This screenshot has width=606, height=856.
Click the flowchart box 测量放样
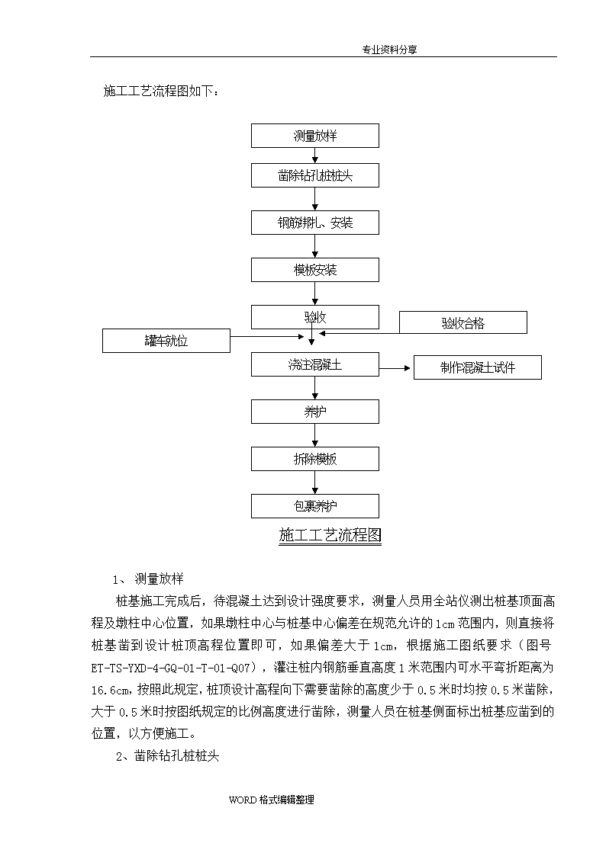314,136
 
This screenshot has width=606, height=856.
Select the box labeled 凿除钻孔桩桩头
314,175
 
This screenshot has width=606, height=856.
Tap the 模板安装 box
314,270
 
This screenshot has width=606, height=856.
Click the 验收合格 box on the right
463,322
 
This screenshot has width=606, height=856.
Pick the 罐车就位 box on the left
166,341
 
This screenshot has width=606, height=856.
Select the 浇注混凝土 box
314,364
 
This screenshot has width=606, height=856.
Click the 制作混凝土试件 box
478,367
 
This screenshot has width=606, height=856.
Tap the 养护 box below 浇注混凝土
314,412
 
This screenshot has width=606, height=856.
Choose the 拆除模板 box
314,459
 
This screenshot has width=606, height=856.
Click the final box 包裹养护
314,506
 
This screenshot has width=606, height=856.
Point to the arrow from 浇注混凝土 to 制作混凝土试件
395,368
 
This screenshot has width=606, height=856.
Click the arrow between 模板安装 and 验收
314,293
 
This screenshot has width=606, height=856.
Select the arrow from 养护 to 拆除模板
314,435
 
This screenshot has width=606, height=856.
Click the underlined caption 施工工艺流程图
330,535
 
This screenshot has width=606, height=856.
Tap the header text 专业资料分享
389,50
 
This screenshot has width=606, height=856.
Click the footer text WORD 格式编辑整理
271,800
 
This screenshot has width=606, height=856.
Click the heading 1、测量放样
148,579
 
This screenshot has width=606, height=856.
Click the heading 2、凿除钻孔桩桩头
167,756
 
